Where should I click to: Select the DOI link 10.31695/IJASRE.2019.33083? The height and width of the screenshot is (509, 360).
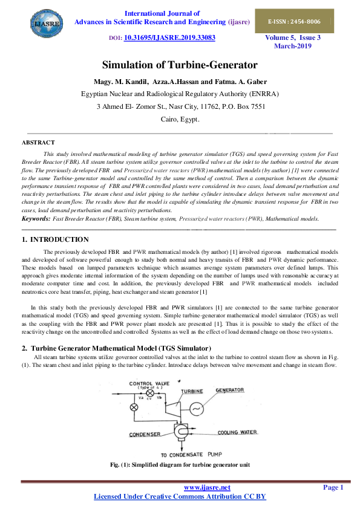click(169, 37)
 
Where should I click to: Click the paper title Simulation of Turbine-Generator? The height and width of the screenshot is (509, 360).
click(180, 65)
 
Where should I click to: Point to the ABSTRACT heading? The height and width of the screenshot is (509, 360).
click(38, 142)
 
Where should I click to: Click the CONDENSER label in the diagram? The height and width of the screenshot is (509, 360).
click(145, 434)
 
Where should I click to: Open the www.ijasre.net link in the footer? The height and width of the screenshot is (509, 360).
click(207, 487)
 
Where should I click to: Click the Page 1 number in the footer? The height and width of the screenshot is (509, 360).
click(333, 487)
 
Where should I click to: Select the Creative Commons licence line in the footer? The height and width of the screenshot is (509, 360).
click(180, 497)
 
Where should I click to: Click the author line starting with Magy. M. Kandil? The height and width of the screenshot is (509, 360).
click(180, 82)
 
